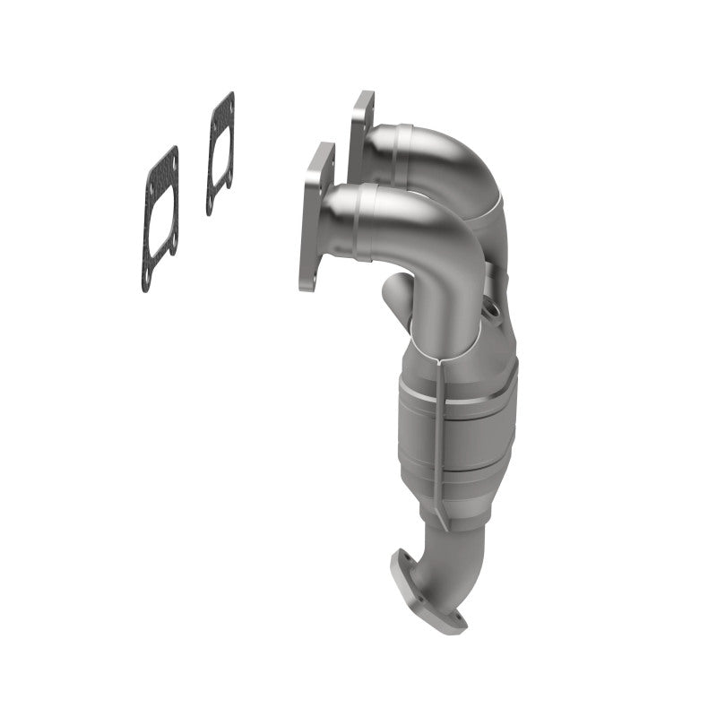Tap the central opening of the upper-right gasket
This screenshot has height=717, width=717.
click(x=220, y=153)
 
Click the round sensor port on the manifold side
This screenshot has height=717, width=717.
click(x=491, y=311)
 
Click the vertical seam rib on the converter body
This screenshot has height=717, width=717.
click(x=439, y=430)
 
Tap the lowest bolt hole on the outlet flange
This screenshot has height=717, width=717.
click(x=459, y=618)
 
